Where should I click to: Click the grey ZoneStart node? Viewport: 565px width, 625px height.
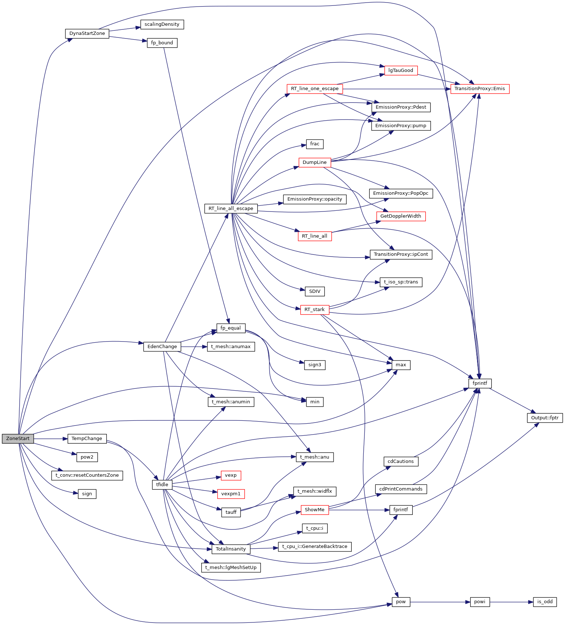[x=18, y=439]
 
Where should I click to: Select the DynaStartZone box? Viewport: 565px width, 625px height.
[x=87, y=33]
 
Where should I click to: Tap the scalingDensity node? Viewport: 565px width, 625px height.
[x=162, y=24]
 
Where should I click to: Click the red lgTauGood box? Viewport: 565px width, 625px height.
[x=401, y=70]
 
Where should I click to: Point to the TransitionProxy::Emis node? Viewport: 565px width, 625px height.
[x=480, y=89]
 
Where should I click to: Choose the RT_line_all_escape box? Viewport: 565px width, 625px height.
[x=231, y=209]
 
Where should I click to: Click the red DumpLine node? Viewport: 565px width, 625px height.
[x=315, y=162]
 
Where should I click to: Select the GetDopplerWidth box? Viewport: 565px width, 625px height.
[x=401, y=216]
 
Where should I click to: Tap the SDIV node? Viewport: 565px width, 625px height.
[x=315, y=291]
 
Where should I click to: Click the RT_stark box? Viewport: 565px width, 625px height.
[x=315, y=310]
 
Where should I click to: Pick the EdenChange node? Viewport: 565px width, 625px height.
[x=162, y=347]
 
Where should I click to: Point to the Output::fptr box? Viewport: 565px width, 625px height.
[x=545, y=418]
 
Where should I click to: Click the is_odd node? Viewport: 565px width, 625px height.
[x=545, y=602]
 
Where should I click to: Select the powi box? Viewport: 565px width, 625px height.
[x=480, y=602]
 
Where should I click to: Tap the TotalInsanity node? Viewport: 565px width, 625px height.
[x=231, y=549]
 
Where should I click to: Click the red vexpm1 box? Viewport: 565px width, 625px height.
[x=231, y=494]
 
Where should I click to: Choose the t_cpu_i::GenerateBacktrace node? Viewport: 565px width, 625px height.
[x=315, y=547]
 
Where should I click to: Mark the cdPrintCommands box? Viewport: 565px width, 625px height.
[x=401, y=489]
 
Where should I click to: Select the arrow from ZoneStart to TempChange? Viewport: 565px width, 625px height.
[x=51, y=439]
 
